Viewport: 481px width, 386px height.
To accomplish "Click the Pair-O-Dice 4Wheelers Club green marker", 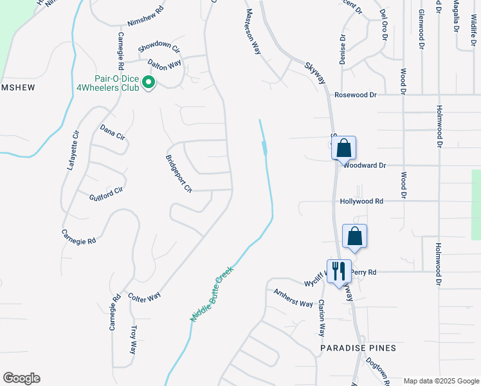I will click(149, 82).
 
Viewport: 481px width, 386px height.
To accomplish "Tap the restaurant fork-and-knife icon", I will click(339, 270).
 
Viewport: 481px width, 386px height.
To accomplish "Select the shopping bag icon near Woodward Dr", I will click(344, 148).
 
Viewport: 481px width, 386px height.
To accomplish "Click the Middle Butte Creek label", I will click(210, 295).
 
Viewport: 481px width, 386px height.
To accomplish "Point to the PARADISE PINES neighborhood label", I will click(358, 347).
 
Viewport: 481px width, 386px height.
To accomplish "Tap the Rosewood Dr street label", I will click(355, 94).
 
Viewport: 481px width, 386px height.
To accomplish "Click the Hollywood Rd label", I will click(361, 201).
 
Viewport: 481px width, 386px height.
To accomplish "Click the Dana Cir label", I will click(112, 131).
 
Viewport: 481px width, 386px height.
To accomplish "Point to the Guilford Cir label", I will click(105, 194).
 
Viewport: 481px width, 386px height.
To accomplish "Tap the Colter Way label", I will click(144, 297).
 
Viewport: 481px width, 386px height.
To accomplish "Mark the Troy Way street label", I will click(134, 339).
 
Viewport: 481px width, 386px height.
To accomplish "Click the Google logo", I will click(21, 378).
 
